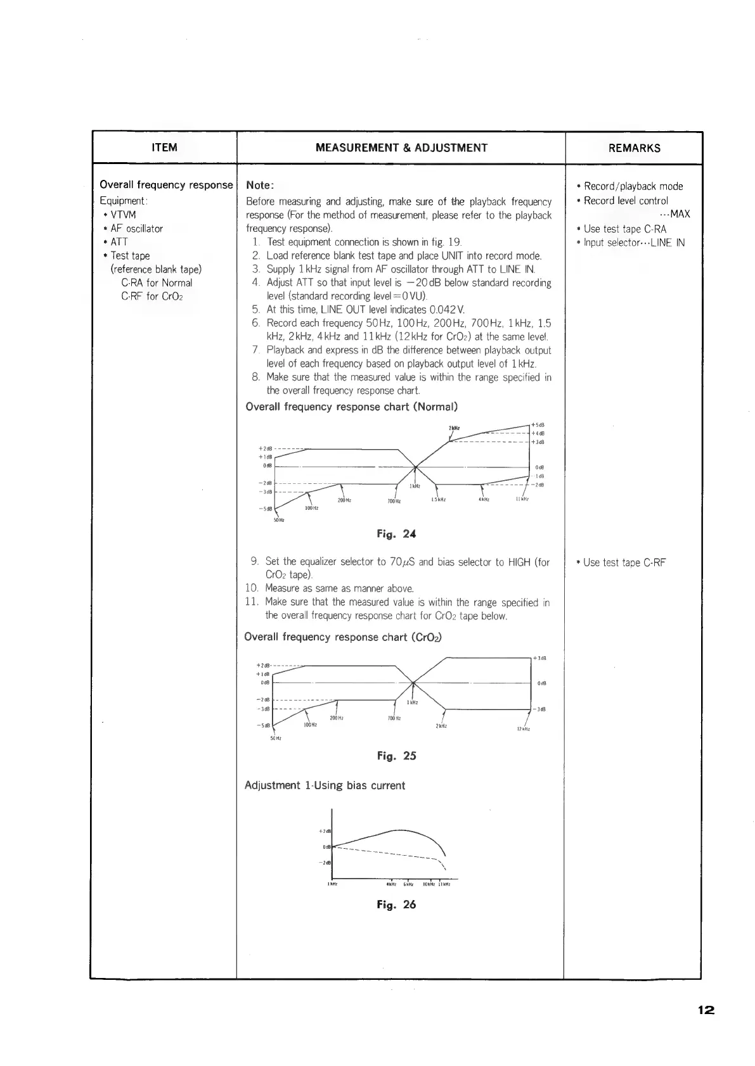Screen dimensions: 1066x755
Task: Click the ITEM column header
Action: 165,148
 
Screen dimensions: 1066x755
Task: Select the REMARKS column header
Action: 634,148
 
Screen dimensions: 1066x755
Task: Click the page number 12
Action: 706,1010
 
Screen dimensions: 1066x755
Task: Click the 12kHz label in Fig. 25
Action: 523,729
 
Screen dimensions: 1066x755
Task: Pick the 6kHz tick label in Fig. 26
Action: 409,884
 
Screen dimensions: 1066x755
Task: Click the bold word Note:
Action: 260,185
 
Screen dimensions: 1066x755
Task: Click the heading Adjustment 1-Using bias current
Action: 325,785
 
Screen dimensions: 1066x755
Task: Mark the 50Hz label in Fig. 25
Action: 275,739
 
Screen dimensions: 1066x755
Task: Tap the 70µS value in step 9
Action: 403,562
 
